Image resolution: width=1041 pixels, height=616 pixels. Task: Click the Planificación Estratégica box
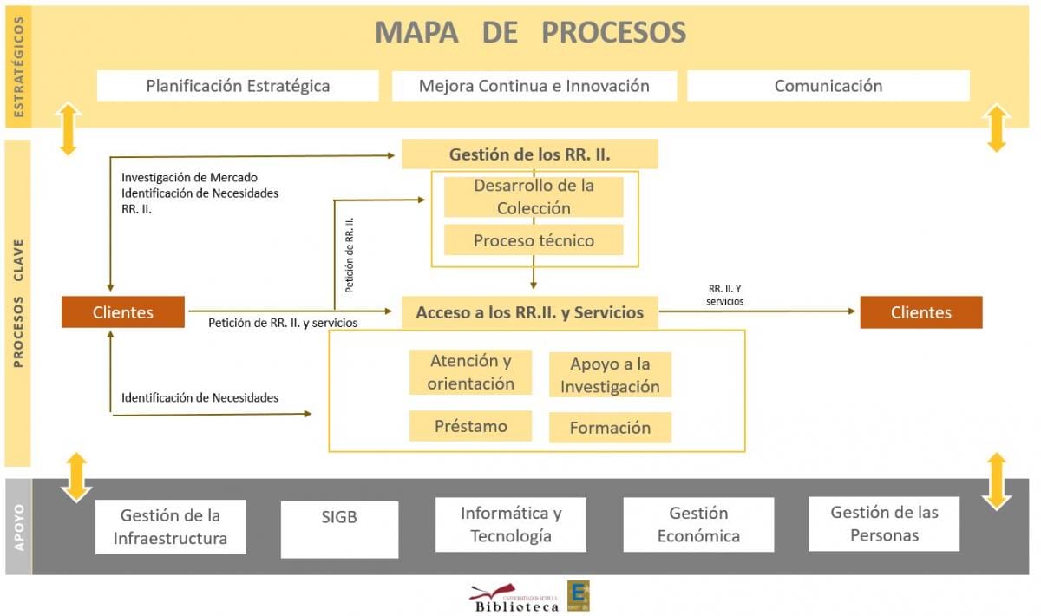[x=238, y=86]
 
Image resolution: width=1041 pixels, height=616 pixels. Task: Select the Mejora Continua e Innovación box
[x=534, y=86]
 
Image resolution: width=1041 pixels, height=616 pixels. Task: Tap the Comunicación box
[x=828, y=86]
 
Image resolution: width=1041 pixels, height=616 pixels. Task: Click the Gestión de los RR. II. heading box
[x=529, y=154]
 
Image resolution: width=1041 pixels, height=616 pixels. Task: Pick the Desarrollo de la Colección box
[x=534, y=197]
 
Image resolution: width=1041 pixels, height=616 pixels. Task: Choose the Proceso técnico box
[x=534, y=240]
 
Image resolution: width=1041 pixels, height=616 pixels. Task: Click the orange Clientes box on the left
[x=122, y=312]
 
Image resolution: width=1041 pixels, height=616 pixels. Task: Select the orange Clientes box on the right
[x=920, y=312]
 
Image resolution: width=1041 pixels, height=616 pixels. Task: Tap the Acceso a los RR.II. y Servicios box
[x=529, y=312]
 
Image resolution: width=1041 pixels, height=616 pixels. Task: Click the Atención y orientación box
[x=470, y=372]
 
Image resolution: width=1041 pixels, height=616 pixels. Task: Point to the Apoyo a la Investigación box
[x=610, y=375]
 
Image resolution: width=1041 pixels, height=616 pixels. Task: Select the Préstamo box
[x=470, y=426]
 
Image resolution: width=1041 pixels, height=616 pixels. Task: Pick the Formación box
[x=610, y=427]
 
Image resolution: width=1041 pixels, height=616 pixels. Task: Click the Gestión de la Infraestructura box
[x=170, y=527]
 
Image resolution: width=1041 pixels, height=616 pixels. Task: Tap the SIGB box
[x=339, y=528]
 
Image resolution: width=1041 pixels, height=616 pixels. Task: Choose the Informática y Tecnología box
[x=511, y=524]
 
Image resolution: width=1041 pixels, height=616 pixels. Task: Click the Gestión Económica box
[x=698, y=524]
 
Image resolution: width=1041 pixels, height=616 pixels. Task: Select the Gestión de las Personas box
[x=884, y=523]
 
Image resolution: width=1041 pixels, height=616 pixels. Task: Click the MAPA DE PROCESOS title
[x=530, y=32]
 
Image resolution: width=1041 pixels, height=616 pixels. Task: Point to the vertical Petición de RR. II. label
[x=350, y=254]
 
